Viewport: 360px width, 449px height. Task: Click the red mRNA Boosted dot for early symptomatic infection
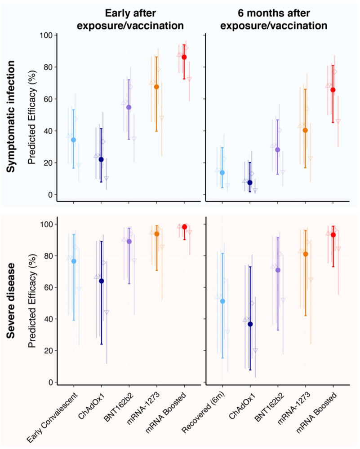184,57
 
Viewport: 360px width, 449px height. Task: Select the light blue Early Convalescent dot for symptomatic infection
73,140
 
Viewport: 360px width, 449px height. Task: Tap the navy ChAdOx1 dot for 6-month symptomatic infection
250,182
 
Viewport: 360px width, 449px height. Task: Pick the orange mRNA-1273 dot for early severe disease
157,233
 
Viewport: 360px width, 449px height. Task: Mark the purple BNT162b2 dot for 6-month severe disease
278,270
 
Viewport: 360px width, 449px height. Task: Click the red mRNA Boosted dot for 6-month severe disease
333,235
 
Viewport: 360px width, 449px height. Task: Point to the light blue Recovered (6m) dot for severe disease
222,301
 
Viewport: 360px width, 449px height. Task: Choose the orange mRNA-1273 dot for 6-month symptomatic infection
305,130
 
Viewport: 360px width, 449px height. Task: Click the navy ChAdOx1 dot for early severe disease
101,281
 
